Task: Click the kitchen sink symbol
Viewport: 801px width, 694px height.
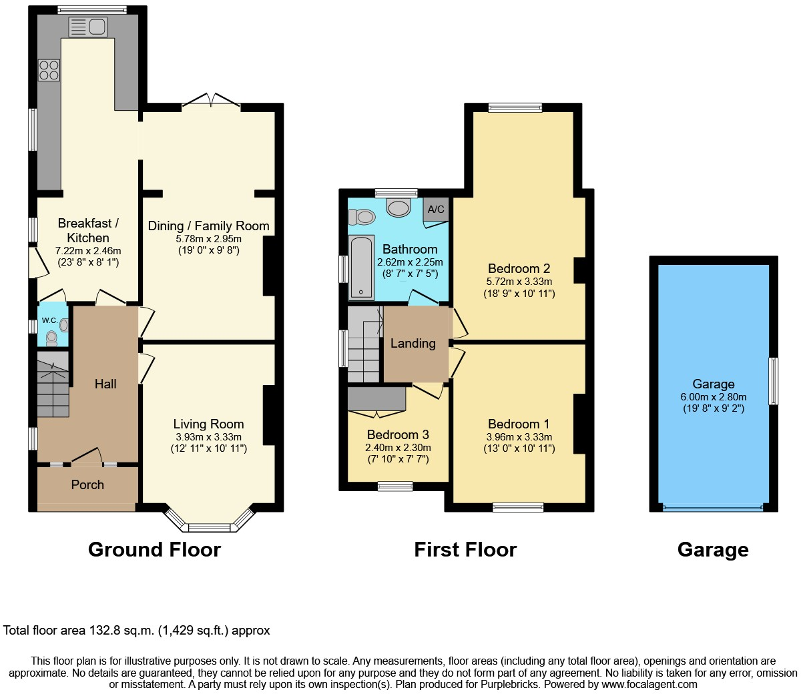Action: [x=87, y=27]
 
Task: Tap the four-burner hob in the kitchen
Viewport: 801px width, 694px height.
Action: [x=49, y=70]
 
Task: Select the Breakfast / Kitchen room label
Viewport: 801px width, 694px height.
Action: [x=88, y=230]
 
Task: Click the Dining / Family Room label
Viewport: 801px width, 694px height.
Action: [x=208, y=226]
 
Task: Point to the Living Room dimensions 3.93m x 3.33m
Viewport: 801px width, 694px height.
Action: [x=208, y=437]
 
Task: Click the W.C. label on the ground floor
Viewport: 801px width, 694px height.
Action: [x=49, y=320]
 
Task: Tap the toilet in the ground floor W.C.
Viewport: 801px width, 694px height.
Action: [x=51, y=338]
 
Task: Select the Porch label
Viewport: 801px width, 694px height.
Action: [x=87, y=485]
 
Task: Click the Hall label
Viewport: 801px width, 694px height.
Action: [x=105, y=384]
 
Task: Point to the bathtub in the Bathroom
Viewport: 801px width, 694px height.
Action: [x=361, y=267]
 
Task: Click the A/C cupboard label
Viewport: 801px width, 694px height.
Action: [x=436, y=210]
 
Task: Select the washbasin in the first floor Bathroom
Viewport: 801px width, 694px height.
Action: [x=398, y=208]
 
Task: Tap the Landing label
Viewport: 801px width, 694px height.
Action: [x=413, y=343]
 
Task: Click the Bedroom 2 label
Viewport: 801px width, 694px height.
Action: [x=519, y=268]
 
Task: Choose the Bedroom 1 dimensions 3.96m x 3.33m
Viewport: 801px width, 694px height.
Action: [x=519, y=437]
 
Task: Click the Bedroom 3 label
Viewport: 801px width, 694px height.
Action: [x=398, y=434]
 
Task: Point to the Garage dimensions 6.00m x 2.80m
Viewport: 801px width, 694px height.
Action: [x=713, y=397]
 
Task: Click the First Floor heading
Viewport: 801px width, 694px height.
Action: [x=465, y=549]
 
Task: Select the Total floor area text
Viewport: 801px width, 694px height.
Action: [x=137, y=630]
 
